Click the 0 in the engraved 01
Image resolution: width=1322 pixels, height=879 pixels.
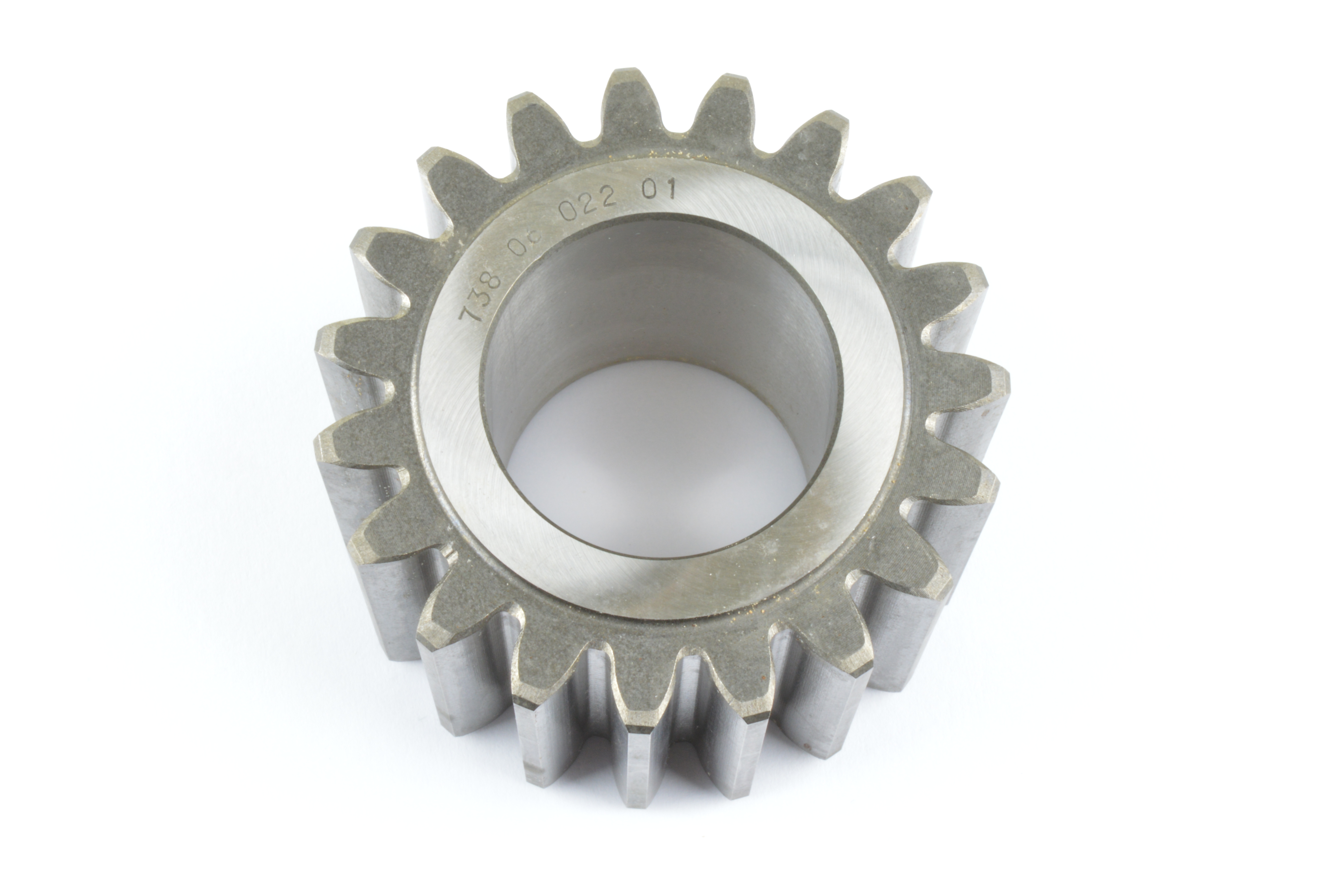(x=650, y=192)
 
